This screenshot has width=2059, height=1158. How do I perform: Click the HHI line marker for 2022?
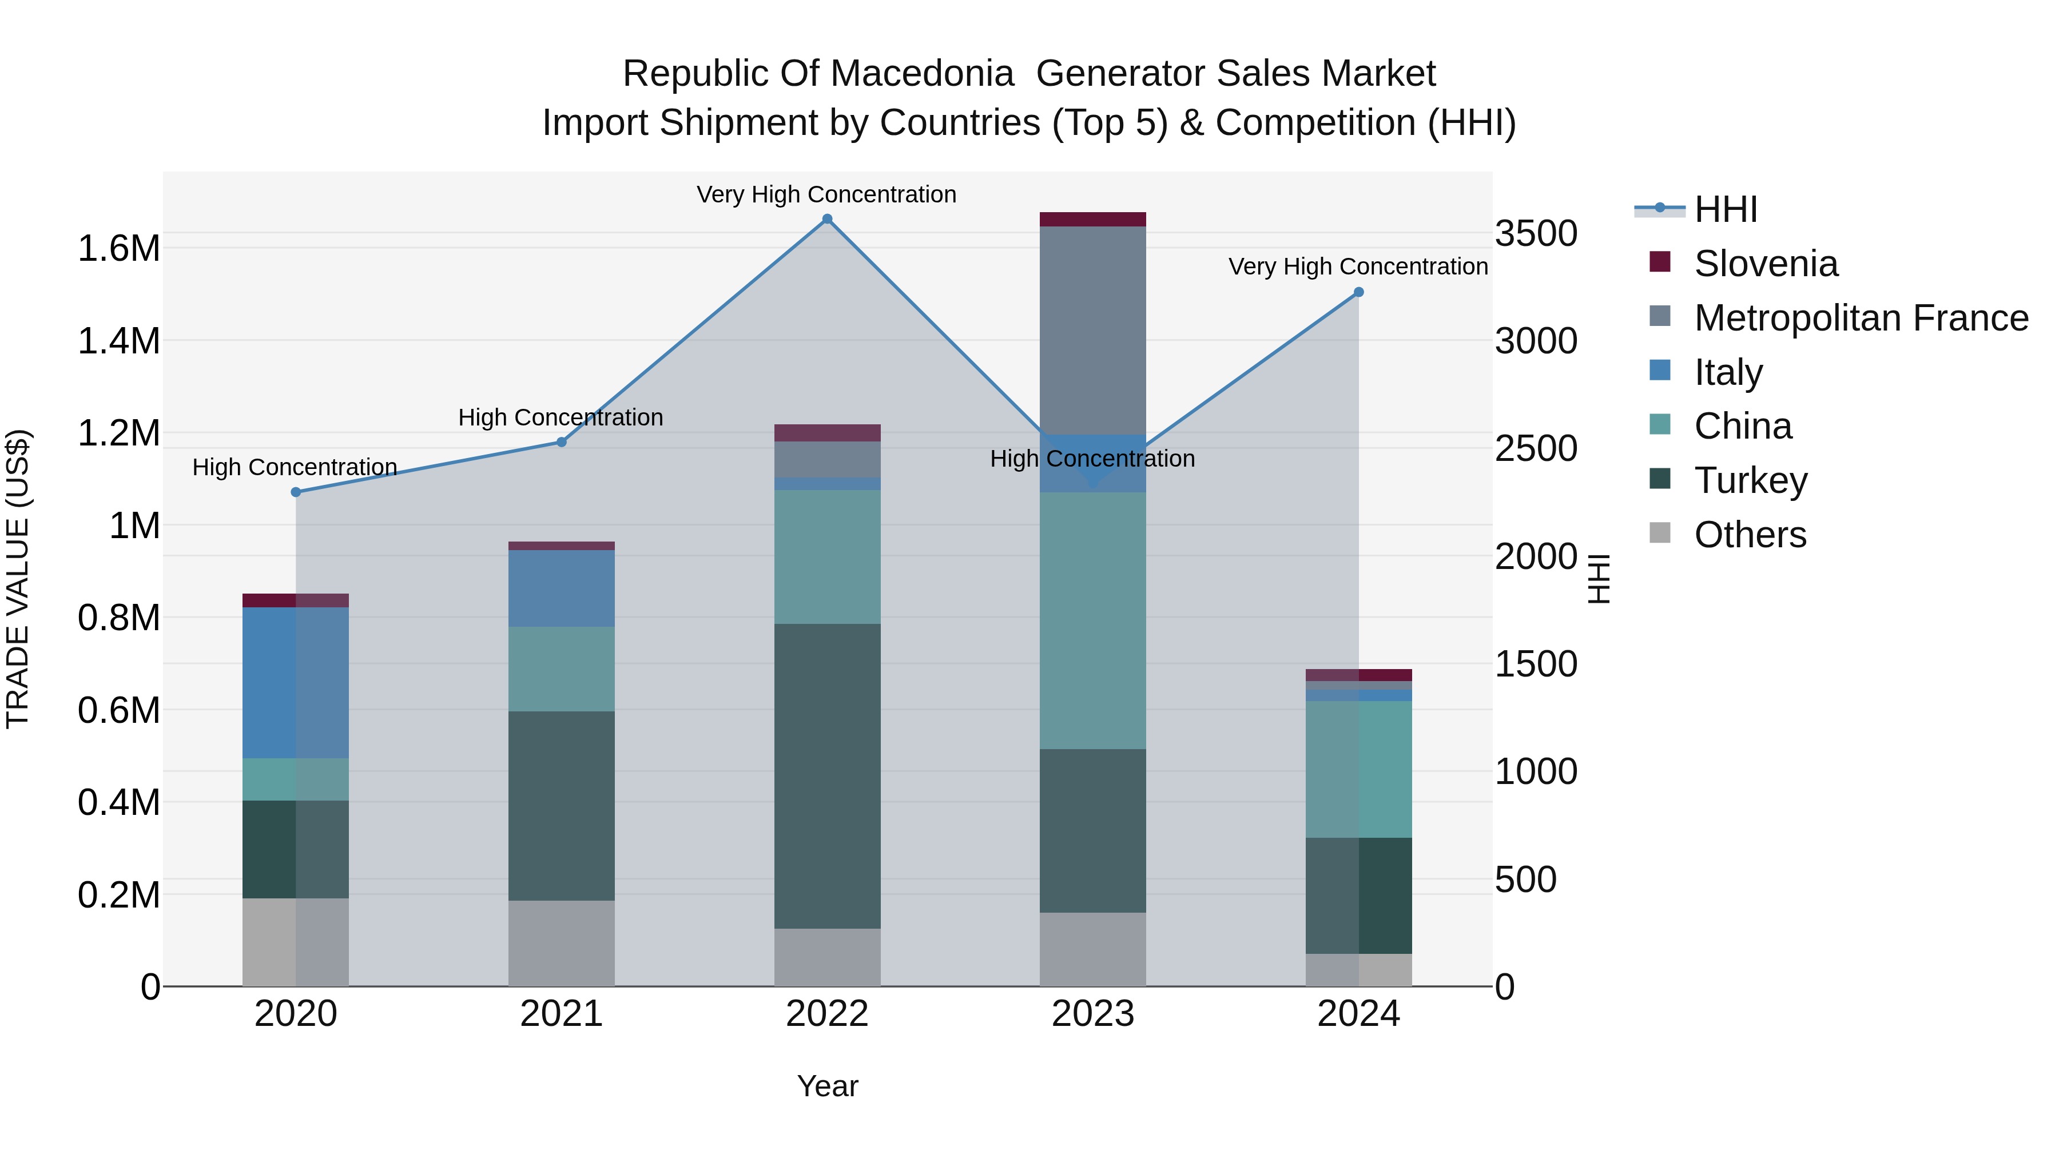point(827,219)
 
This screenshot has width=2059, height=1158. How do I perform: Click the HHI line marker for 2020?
point(296,492)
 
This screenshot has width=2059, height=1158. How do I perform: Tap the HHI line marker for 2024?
point(1358,292)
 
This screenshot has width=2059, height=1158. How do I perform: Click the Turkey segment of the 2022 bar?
point(827,775)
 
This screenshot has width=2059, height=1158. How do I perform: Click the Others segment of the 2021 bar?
point(561,943)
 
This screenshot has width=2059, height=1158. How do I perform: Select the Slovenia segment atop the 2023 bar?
point(1092,220)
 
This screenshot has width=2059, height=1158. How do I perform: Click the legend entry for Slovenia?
point(1766,264)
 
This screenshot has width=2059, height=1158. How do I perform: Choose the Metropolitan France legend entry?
point(1861,318)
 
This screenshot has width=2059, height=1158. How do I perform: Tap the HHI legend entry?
point(1725,209)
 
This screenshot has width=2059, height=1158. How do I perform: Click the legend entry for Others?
point(1750,535)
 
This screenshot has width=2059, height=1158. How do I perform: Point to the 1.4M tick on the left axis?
point(118,341)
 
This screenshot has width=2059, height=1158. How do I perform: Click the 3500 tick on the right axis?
point(1536,234)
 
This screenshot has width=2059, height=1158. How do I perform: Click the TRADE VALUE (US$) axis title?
point(18,579)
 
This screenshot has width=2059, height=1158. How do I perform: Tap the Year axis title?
point(827,1086)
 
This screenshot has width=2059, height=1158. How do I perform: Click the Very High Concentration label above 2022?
point(826,194)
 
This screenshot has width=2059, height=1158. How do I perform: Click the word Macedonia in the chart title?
point(919,74)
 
